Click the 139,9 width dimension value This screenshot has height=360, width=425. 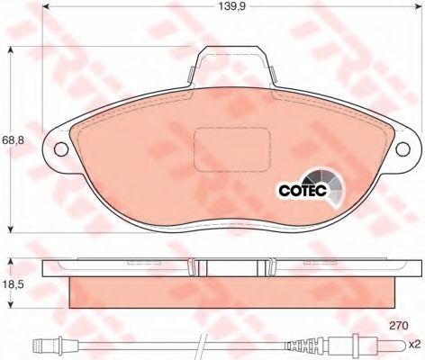pos(231,6)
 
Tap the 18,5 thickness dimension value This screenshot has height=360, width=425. pos(14,284)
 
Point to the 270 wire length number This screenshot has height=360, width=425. pos(399,326)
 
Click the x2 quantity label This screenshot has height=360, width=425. pos(416,345)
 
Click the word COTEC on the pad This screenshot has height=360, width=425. pos(303,190)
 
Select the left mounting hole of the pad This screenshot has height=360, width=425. pos(61,148)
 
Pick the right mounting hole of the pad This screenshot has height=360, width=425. pos(403,148)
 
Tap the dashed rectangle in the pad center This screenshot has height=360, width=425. pos(231,149)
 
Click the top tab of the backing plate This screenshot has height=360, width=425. pos(231,60)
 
